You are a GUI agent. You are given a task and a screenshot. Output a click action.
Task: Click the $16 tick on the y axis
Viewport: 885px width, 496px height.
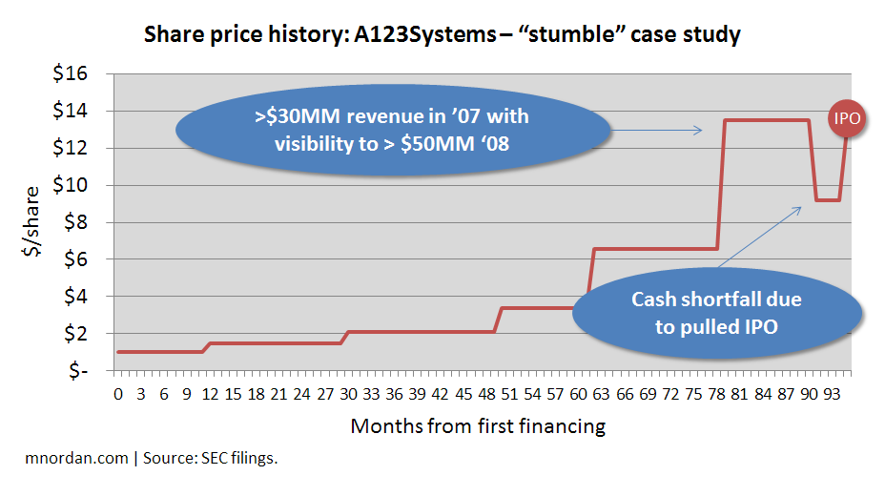tap(83, 73)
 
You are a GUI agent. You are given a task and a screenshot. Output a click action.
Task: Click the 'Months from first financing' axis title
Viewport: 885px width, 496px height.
tap(478, 425)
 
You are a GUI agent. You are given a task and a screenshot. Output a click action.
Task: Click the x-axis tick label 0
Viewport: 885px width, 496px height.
tap(118, 393)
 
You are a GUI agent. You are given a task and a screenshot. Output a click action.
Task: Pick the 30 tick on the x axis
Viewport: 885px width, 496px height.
tap(348, 393)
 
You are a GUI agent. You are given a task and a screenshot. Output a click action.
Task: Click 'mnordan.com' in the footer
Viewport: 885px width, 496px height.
tap(75, 458)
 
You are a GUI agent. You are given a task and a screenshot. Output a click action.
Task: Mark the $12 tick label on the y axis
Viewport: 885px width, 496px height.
tap(83, 148)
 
